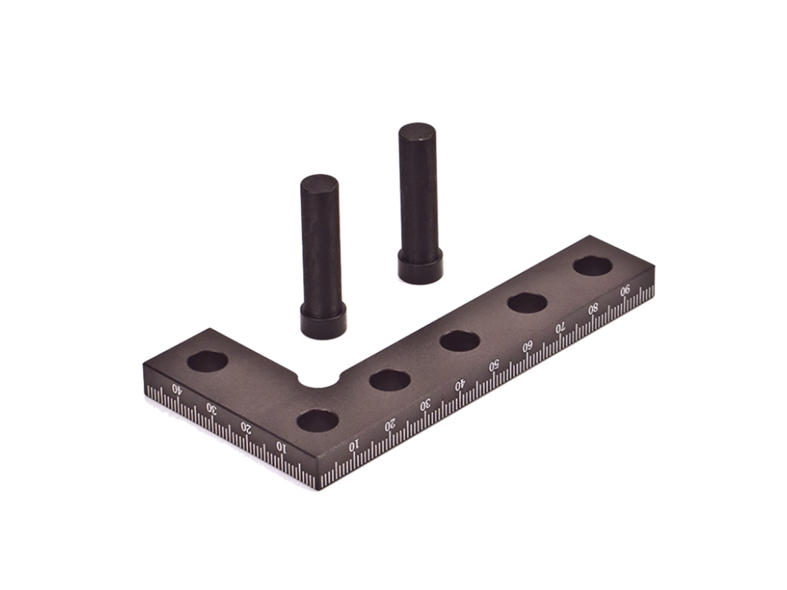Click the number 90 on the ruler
tap(625, 291)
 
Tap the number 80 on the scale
tap(593, 308)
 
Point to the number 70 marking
tap(560, 327)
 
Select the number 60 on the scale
tap(527, 346)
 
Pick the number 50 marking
tap(494, 366)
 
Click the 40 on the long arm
tap(460, 385)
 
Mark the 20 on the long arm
tap(390, 426)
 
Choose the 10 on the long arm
tap(354, 444)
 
